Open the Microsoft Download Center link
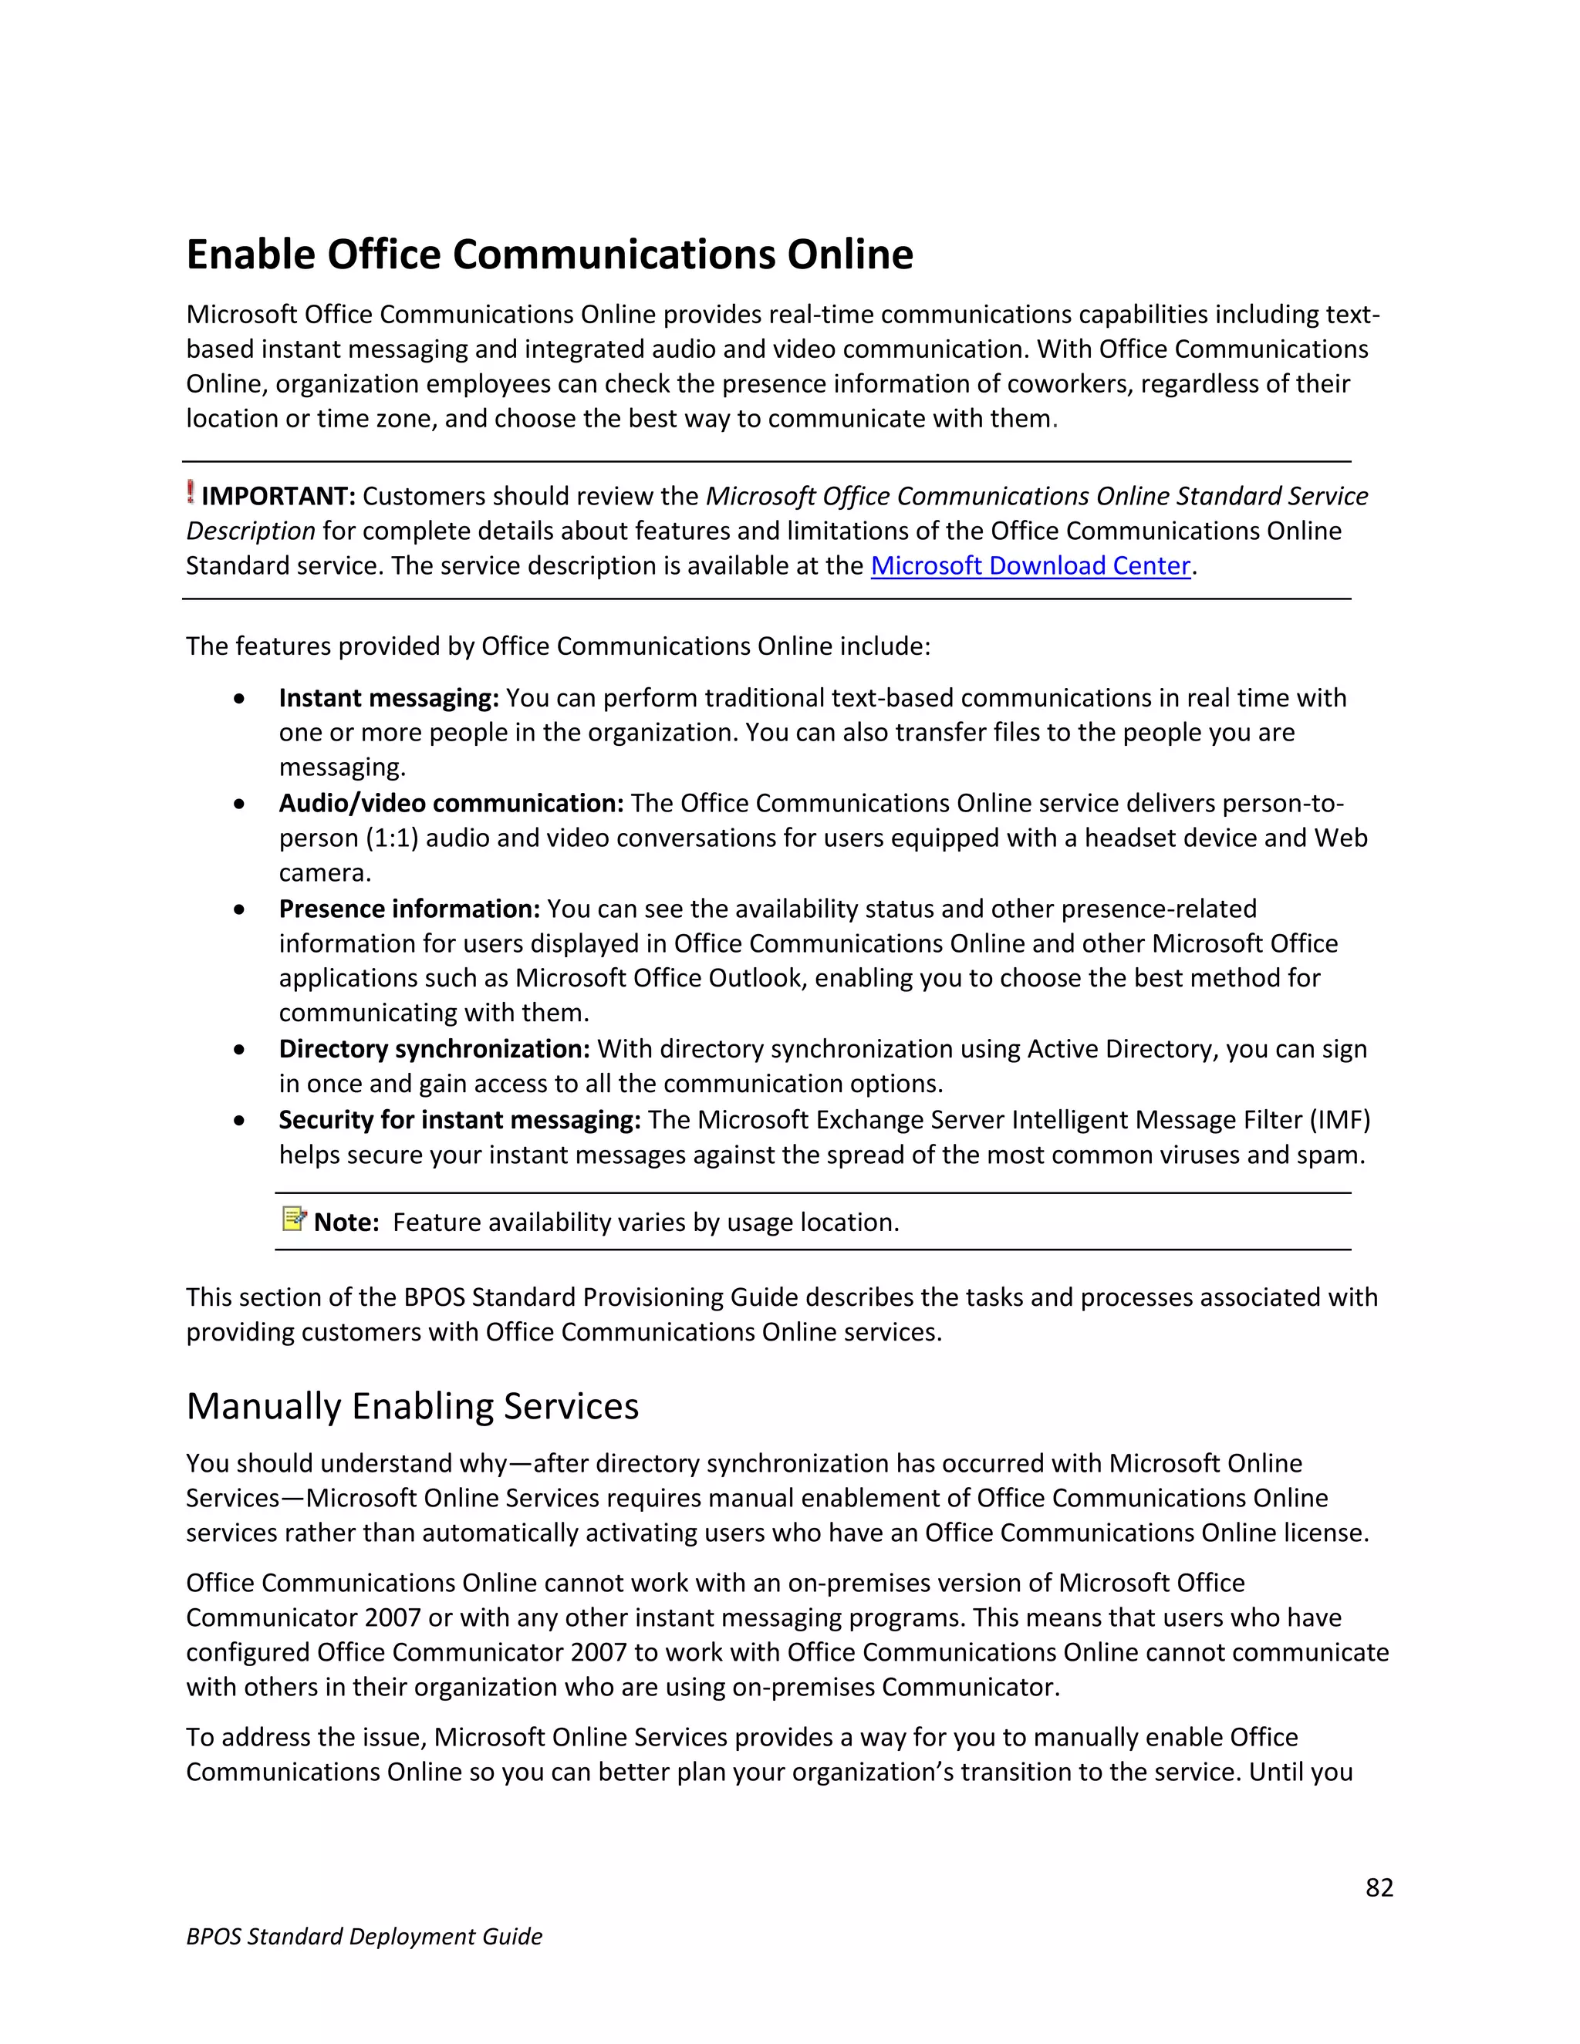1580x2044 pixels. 1030,566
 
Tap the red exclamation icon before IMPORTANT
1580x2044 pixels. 191,492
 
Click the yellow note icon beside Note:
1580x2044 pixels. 294,1219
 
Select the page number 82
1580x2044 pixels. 1379,1887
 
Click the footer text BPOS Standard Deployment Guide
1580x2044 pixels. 364,1936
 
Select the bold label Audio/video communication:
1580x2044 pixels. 451,804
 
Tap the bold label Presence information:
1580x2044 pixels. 409,909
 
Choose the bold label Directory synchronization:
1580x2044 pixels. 434,1049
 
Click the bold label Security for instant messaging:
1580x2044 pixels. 459,1120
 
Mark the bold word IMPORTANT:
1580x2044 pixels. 278,496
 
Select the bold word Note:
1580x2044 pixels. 346,1223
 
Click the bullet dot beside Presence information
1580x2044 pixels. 241,909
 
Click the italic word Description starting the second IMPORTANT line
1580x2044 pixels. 250,531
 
